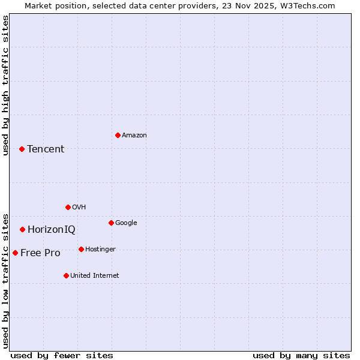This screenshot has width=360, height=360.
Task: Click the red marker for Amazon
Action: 118,135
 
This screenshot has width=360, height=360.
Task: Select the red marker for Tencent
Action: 22,149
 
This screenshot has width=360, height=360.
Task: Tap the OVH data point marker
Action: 68,207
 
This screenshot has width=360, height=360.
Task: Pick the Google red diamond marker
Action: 111,223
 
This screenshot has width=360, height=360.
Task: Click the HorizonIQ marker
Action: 22,229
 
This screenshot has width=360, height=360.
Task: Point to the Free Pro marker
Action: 15,253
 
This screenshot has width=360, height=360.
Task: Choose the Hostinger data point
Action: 81,249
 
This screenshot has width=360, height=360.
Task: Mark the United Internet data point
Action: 66,275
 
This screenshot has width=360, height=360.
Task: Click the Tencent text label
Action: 46,149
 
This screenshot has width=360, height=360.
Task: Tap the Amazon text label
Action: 134,136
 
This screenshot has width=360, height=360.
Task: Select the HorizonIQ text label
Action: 52,230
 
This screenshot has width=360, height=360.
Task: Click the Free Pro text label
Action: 40,253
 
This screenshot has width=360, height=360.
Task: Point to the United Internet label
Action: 95,276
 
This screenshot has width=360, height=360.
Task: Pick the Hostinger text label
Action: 100,250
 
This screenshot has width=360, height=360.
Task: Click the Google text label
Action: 126,223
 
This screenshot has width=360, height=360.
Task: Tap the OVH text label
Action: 79,208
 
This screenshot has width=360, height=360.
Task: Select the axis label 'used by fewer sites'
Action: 62,355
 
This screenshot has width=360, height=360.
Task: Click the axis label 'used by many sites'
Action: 301,355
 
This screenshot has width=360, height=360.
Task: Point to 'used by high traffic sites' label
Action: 5,85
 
